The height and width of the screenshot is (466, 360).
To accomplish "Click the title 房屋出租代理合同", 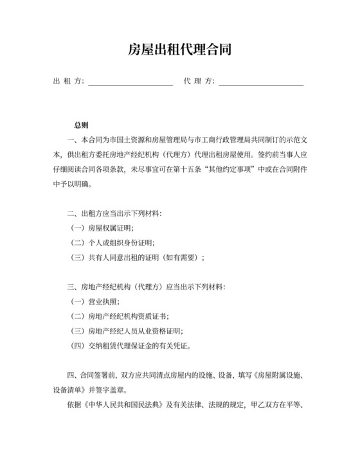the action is (x=179, y=49).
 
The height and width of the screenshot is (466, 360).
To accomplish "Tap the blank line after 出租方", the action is (x=130, y=82).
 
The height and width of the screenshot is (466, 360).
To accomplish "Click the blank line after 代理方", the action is (x=261, y=82).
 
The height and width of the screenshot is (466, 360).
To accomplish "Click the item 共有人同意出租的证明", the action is (x=136, y=258).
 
